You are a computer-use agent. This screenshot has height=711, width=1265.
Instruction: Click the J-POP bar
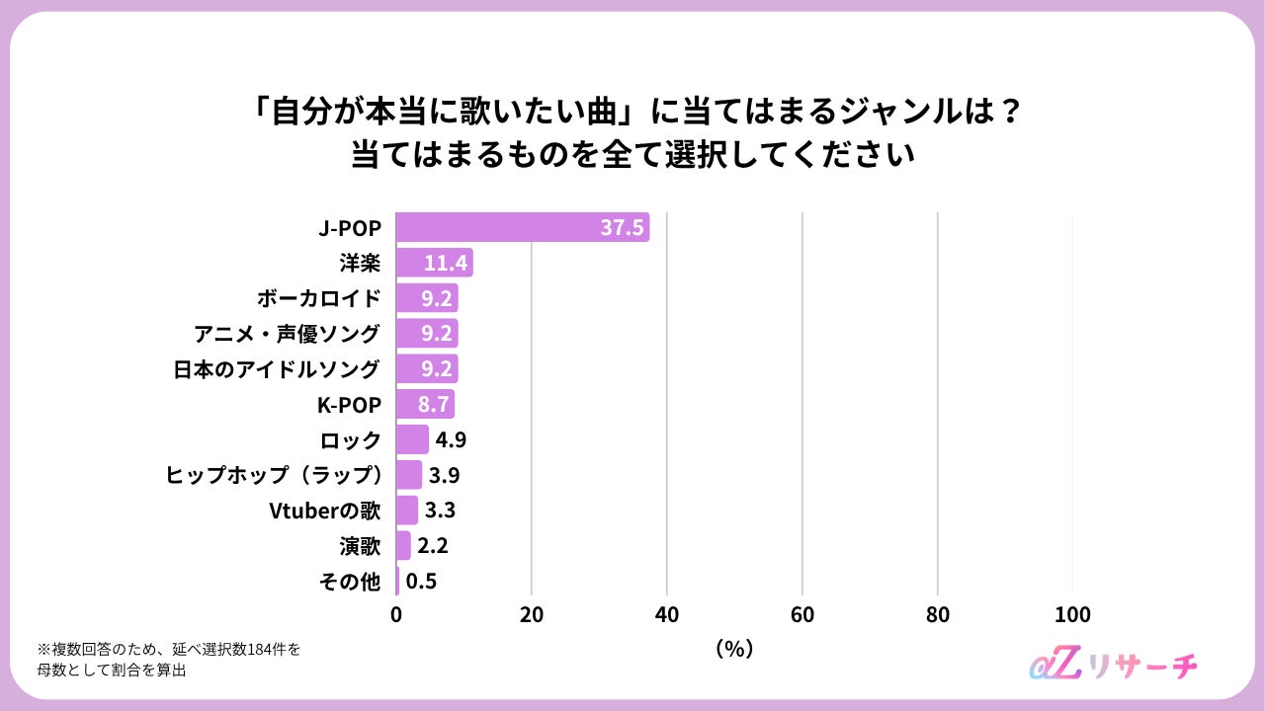coord(523,227)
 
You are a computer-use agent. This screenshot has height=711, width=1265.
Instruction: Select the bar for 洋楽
coord(434,263)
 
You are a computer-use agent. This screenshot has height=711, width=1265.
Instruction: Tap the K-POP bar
coord(425,404)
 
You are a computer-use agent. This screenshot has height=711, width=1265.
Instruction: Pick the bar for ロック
coord(412,439)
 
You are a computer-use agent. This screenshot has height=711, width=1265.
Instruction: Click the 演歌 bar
coord(403,545)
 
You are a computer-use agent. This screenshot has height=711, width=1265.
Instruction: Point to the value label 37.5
coord(622,227)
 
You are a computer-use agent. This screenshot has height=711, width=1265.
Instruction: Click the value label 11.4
coord(446,263)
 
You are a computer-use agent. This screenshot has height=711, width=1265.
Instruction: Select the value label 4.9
coord(451,439)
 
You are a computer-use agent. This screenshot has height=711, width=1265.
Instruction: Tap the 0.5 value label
coord(421,582)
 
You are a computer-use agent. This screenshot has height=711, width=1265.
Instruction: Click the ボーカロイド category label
coord(319,298)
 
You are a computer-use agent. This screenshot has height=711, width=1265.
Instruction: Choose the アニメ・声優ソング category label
coord(288,334)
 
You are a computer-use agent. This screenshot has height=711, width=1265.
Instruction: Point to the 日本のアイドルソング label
coord(277,369)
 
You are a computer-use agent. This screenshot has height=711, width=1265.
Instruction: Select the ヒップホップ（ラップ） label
coord(274,475)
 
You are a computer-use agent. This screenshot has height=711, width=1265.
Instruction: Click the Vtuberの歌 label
coord(325,511)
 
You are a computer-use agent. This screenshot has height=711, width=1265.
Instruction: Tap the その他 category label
coord(350,582)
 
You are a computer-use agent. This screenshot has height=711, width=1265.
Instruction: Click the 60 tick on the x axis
coord(801,614)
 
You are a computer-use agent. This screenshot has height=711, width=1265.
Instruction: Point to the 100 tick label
coord(1072,614)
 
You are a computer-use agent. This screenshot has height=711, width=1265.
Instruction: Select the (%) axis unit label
coord(734,649)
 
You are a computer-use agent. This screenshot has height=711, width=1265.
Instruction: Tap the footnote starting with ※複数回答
coord(169,660)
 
